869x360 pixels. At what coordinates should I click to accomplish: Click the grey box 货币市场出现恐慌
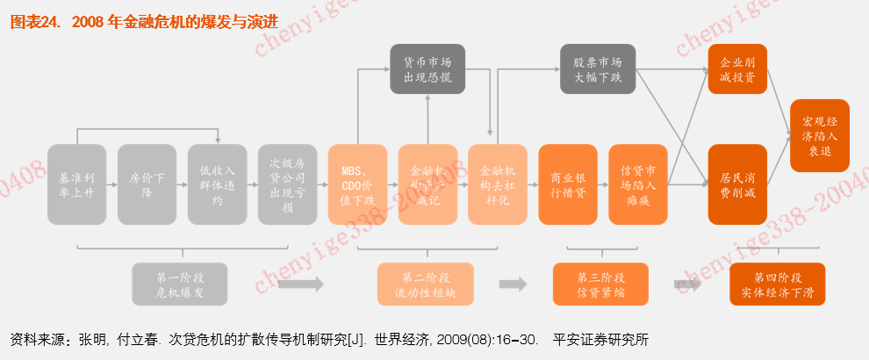(427, 69)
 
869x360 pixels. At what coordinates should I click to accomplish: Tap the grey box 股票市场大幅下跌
(597, 69)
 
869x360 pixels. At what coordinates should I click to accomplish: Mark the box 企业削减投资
(737, 69)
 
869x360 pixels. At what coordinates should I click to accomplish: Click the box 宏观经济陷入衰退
(820, 135)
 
